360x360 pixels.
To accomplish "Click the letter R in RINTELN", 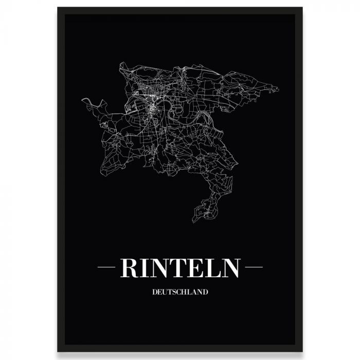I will tap(129, 267).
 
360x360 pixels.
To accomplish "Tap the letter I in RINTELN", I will tap(145, 267).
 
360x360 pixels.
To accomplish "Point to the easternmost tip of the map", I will tap(278, 89).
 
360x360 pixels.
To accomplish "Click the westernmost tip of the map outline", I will tap(82, 100).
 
